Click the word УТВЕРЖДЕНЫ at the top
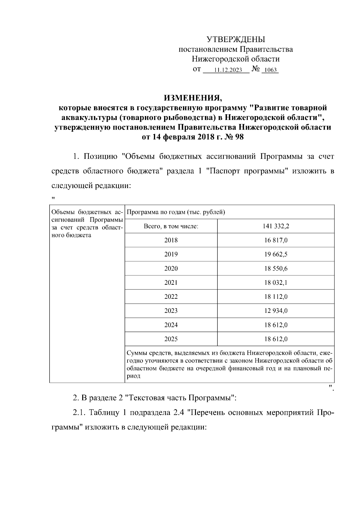click(x=235, y=39)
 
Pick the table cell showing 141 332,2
click(x=276, y=226)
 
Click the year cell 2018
click(x=171, y=240)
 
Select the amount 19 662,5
click(x=276, y=254)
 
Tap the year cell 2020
click(x=171, y=268)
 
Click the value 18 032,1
click(x=276, y=283)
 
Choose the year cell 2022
click(x=171, y=297)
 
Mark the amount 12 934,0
click(x=276, y=311)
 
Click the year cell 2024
click(x=171, y=325)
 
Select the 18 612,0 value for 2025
click(x=276, y=339)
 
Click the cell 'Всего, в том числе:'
click(x=171, y=226)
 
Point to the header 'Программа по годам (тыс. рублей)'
click(x=176, y=212)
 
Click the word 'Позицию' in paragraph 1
click(x=100, y=157)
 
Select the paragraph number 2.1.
click(x=79, y=413)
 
